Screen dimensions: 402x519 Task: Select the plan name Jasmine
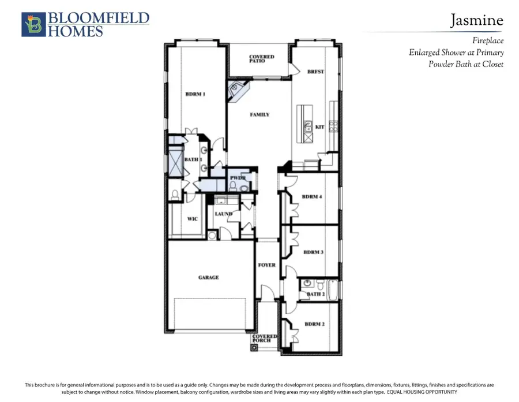[476, 21]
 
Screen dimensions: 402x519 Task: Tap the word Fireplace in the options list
[487, 40]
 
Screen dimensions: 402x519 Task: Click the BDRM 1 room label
[195, 94]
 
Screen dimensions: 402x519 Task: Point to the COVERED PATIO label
[261, 59]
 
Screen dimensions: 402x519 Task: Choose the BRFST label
[315, 72]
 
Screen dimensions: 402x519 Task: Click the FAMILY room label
[259, 115]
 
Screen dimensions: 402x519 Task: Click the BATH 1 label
[193, 159]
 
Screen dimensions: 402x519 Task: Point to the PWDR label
[238, 178]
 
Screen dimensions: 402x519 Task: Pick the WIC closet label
[193, 219]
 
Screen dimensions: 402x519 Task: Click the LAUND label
[223, 214]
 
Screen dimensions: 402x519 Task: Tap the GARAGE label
[208, 277]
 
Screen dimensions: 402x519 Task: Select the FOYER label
[266, 265]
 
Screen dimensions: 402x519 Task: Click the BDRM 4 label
[312, 197]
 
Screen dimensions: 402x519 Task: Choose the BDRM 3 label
[313, 252]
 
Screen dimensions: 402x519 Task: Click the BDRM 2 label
[314, 324]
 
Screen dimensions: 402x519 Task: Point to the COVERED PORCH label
[265, 338]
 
